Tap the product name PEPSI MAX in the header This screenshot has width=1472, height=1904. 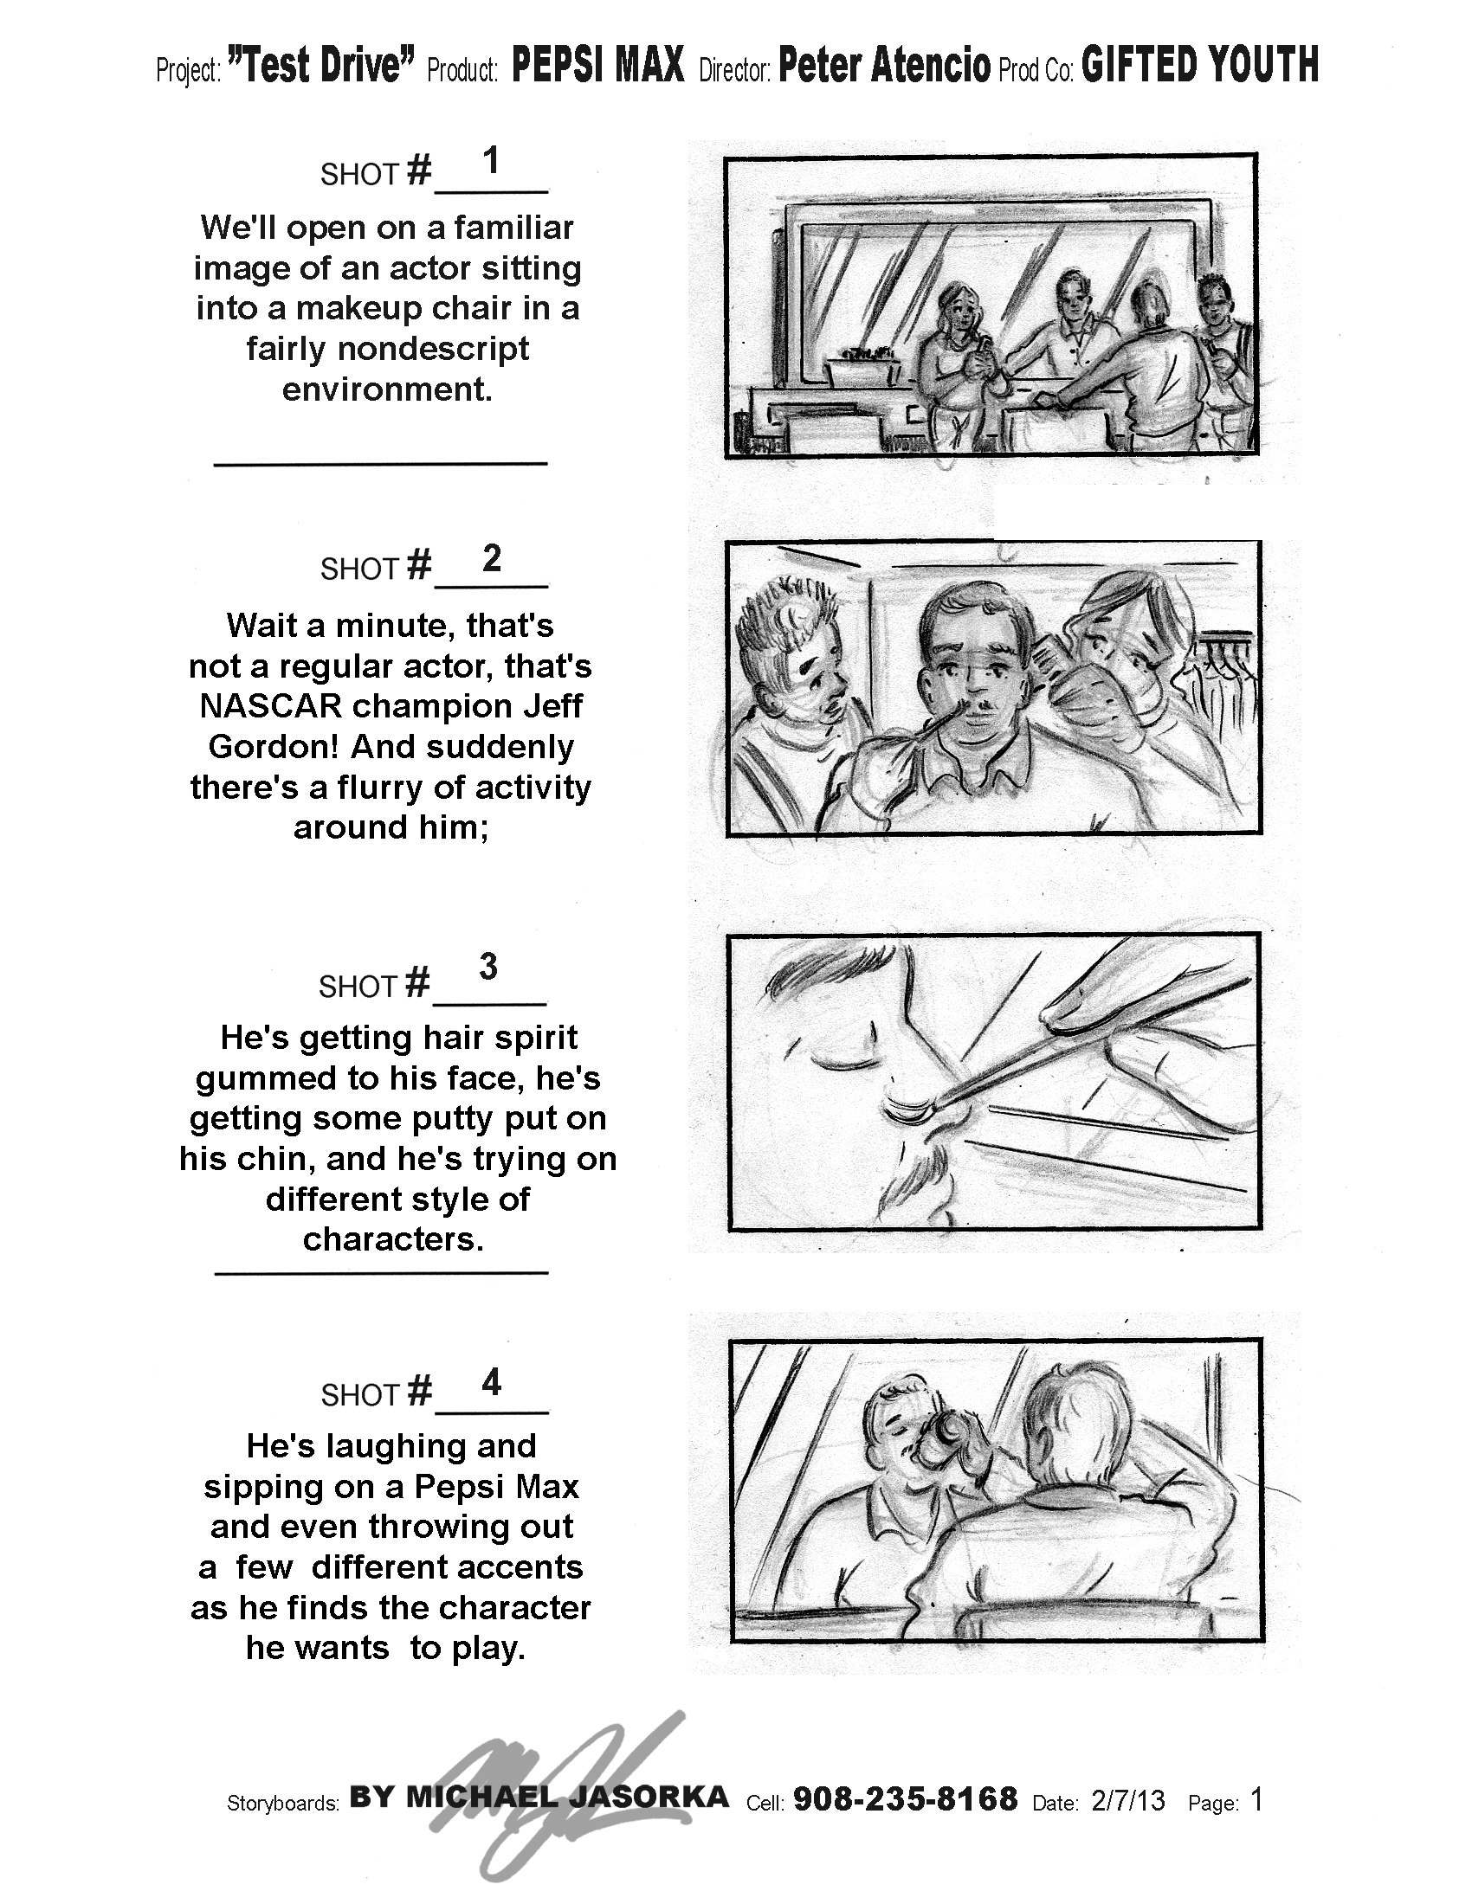[598, 66]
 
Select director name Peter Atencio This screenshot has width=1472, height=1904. [884, 66]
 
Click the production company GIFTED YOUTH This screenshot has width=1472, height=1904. [1200, 66]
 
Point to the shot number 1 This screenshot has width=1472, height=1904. [491, 161]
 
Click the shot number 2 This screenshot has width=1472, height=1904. [492, 558]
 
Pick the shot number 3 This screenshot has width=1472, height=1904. [488, 966]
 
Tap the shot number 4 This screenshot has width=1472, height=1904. [492, 1382]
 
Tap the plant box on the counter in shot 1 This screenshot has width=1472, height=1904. [863, 368]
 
